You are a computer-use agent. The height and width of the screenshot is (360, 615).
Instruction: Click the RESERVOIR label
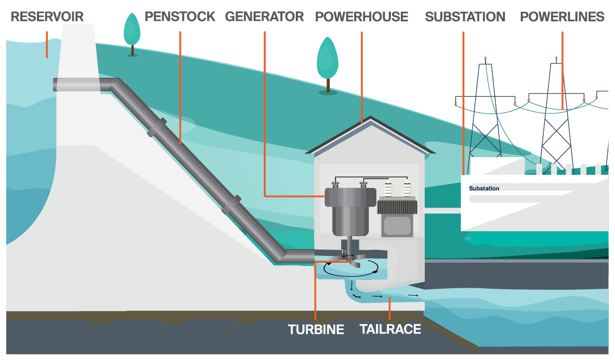tap(47, 17)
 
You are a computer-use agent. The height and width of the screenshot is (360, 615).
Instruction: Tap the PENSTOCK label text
tap(180, 17)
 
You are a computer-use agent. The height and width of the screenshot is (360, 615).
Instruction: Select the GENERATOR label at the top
tap(265, 17)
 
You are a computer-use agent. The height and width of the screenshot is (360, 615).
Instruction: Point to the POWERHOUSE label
tap(362, 17)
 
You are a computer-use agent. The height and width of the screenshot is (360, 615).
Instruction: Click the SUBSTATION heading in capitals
tap(465, 17)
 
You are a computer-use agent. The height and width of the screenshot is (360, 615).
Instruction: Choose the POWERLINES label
tap(562, 17)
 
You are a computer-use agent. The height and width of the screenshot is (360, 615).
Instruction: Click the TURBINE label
tap(316, 329)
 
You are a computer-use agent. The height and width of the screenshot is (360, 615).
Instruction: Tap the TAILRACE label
tap(390, 329)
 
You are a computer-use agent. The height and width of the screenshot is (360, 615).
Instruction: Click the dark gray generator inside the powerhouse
tap(350, 210)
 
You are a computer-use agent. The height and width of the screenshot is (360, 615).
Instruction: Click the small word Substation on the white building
tap(484, 188)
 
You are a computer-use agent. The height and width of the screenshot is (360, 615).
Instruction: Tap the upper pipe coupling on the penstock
tap(157, 127)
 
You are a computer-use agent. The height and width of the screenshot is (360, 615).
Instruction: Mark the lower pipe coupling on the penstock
tap(231, 204)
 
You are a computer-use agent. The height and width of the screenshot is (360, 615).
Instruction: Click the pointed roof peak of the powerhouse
tap(370, 117)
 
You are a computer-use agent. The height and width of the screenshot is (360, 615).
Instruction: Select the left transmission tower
tap(485, 118)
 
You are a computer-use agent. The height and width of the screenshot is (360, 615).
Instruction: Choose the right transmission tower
tap(556, 118)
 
